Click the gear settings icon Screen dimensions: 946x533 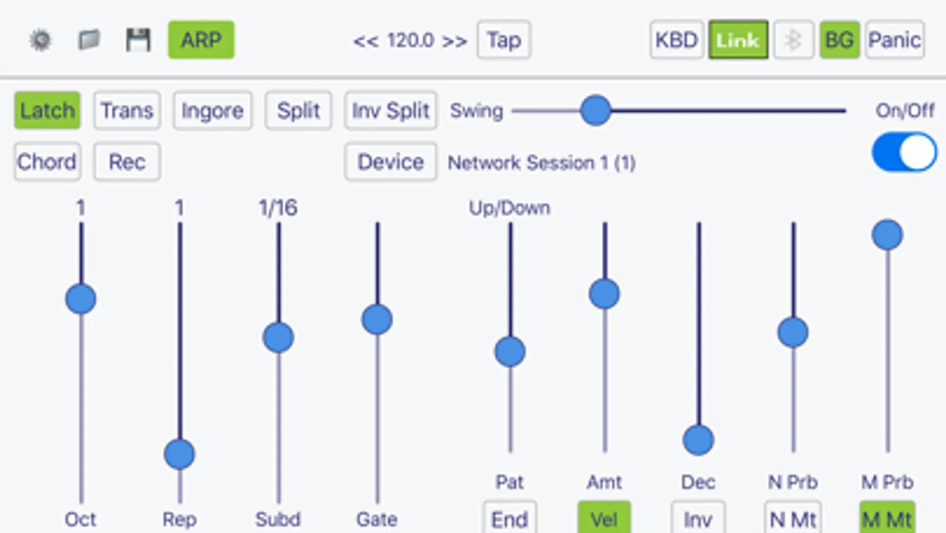click(x=41, y=40)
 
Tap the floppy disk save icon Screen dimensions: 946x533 click(x=138, y=40)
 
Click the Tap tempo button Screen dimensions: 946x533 click(x=504, y=40)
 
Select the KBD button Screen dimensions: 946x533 click(x=677, y=40)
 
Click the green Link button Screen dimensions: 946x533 click(x=738, y=40)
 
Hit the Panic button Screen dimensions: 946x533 click(x=895, y=40)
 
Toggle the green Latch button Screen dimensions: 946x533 click(x=47, y=110)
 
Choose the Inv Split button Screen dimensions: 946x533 click(x=390, y=110)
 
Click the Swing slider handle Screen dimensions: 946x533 click(x=596, y=110)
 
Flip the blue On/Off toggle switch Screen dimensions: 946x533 click(x=904, y=152)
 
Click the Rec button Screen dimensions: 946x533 click(x=127, y=162)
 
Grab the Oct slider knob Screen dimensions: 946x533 click(x=80, y=299)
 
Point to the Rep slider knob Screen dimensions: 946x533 click(x=179, y=454)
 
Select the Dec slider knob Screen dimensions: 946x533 click(x=699, y=440)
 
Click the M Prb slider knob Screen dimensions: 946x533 click(x=887, y=235)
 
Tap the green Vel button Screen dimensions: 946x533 click(x=605, y=519)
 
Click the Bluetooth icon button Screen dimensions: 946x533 click(x=793, y=40)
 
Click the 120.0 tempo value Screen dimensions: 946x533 click(x=411, y=41)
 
